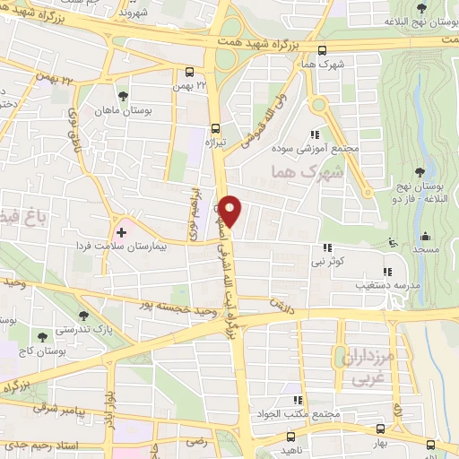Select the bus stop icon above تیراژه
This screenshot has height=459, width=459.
coord(215,128)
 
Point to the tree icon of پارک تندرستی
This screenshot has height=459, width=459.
coord(83,315)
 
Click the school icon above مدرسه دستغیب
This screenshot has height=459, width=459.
coord(387,272)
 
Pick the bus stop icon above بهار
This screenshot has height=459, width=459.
coord(383,429)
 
